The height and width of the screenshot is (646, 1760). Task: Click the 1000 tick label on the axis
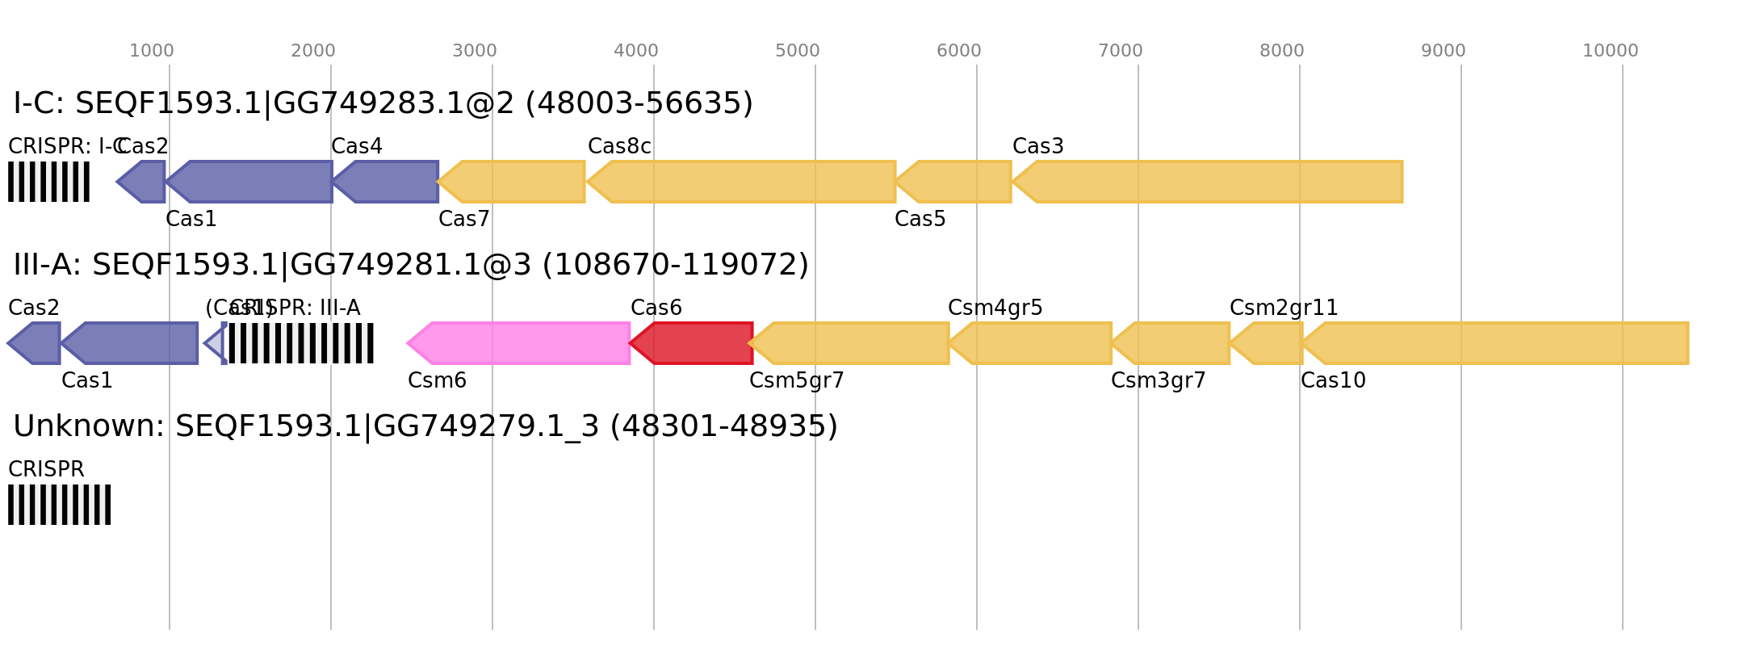152,51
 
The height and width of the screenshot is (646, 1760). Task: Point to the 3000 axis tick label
475,51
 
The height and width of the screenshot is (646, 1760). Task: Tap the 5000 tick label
798,51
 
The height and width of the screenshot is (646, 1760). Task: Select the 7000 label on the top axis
1121,51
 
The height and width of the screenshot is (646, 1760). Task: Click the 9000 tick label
1444,51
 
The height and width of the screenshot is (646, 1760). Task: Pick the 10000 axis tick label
1610,51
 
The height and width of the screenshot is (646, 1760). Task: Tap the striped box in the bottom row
59,505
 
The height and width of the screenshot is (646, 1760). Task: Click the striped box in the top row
48,182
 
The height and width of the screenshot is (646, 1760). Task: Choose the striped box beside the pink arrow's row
301,343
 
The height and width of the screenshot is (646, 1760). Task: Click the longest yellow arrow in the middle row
1497,343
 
